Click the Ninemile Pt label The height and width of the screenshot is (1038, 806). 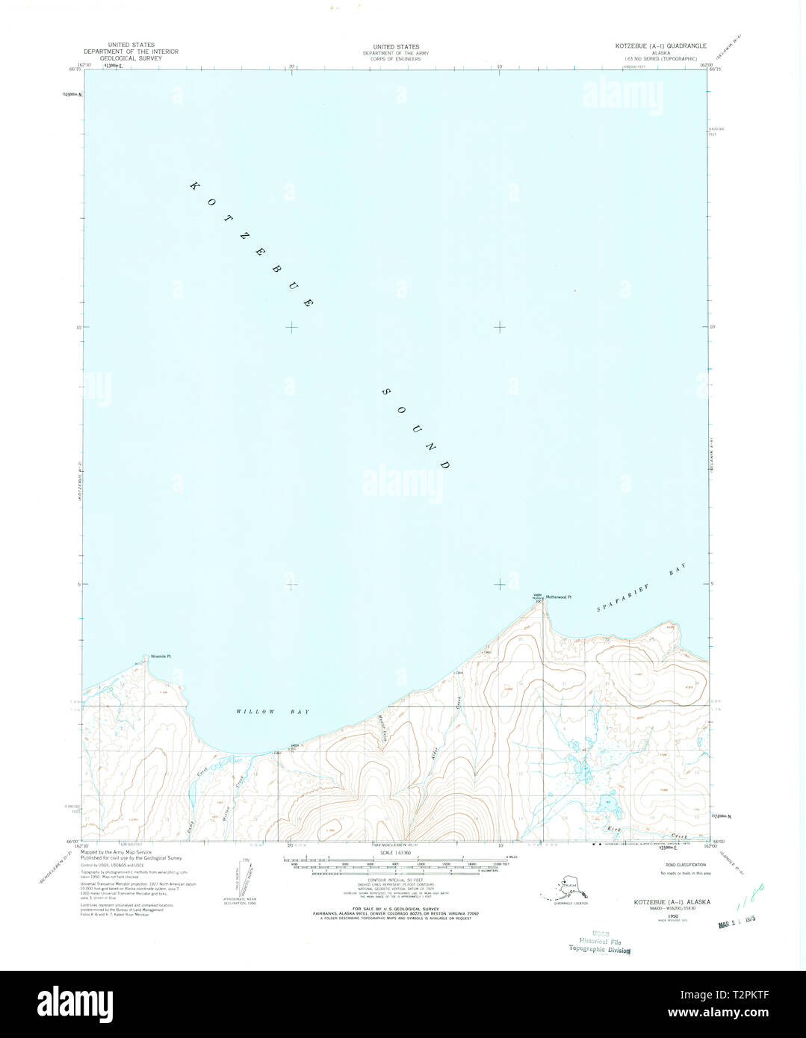point(161,656)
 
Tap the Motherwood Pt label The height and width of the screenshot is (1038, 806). point(558,597)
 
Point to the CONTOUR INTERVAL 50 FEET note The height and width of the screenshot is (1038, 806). point(396,880)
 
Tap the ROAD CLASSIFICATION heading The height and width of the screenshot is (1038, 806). point(685,865)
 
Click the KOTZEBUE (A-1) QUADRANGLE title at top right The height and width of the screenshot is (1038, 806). point(660,46)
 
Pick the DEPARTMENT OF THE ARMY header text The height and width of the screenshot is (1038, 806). point(396,53)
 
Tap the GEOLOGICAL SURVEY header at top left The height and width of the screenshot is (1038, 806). point(131,58)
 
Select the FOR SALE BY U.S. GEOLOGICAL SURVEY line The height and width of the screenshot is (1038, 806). point(396,909)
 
